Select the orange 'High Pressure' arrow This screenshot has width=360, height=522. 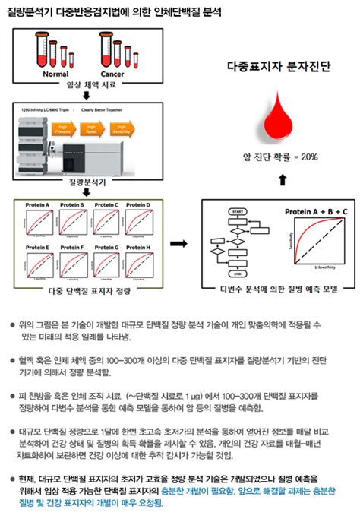point(65,130)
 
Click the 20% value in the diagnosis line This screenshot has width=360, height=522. point(308,157)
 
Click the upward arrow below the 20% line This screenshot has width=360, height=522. point(283,180)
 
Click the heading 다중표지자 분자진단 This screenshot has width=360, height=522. point(279,67)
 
